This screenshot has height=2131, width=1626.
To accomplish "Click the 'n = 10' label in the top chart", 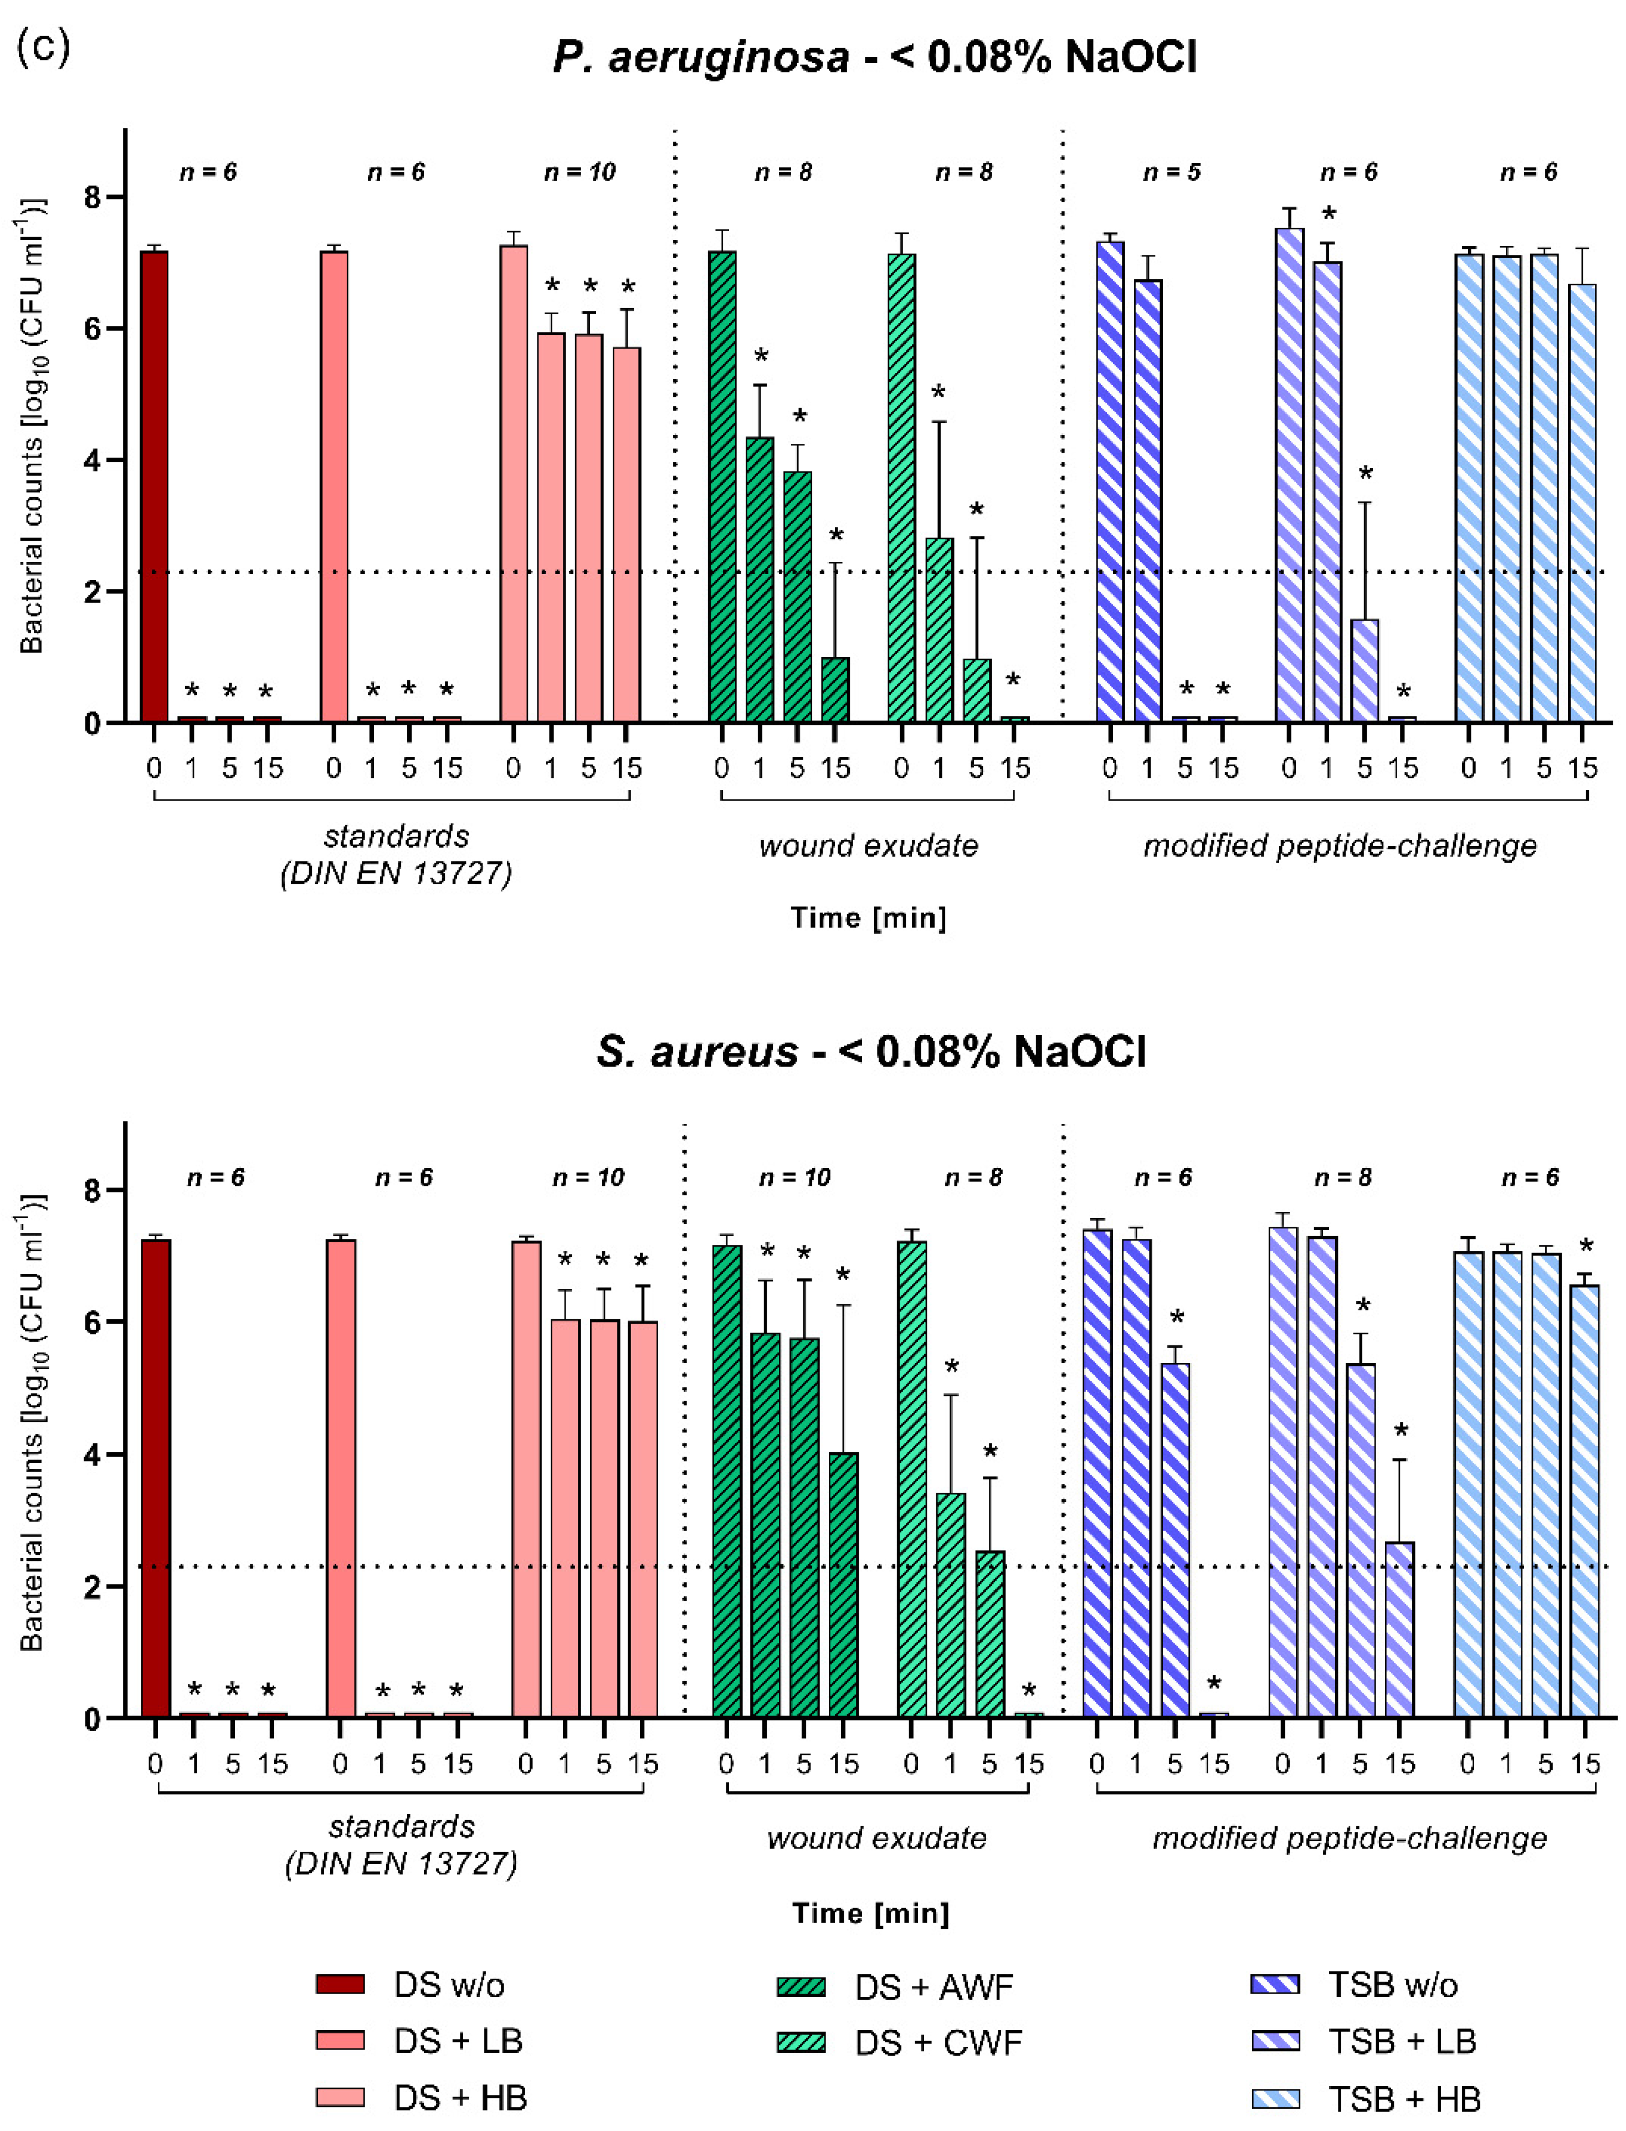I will pyautogui.click(x=579, y=172).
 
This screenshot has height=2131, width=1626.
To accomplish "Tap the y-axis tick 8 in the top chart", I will pyautogui.click(x=92, y=197).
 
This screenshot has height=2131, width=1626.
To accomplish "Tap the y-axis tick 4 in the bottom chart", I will pyautogui.click(x=92, y=1454).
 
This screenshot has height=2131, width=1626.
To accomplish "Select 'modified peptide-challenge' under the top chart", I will pyautogui.click(x=1340, y=846).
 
